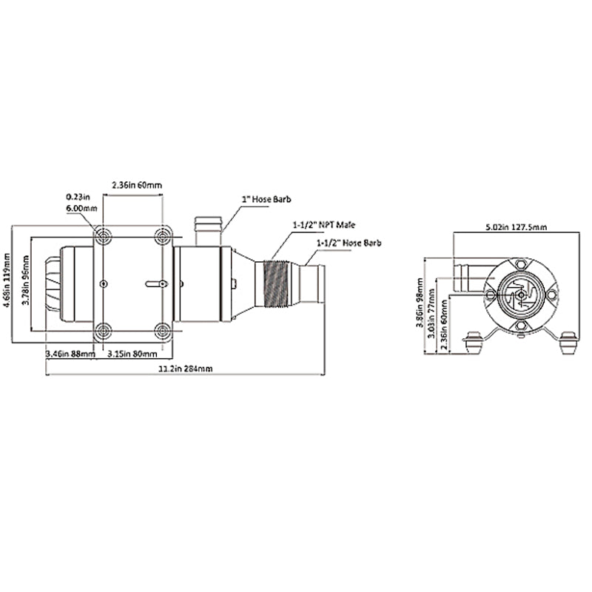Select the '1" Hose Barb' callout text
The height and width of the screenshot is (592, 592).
267,199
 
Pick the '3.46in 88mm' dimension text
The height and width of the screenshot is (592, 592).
70,354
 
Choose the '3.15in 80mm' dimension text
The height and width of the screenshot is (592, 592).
130,354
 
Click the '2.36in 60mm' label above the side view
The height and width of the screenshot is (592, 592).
137,184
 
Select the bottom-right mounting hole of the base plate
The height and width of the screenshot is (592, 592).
163,331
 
